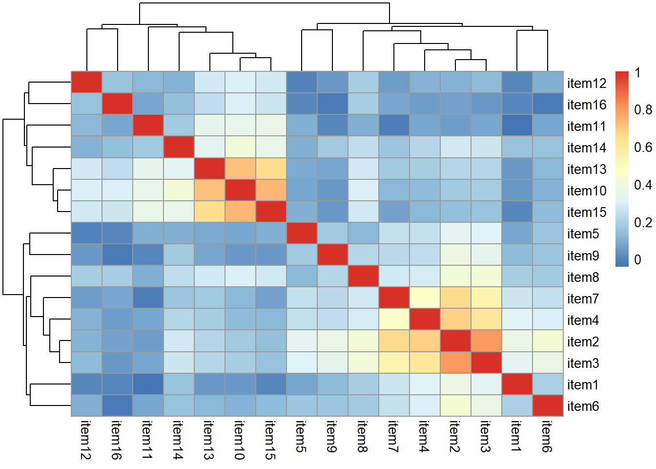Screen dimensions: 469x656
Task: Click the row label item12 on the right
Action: tap(586, 84)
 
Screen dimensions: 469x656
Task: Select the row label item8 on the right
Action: tap(583, 277)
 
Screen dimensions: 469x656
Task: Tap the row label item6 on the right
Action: tap(583, 406)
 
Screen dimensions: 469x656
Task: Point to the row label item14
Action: tap(586, 148)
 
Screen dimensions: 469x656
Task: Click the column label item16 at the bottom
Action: tap(117, 440)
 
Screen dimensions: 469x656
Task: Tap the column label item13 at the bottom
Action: tap(209, 440)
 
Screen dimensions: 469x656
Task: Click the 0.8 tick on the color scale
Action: tap(642, 110)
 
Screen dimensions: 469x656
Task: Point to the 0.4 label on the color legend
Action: tap(642, 185)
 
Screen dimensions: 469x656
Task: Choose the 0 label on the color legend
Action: tap(637, 260)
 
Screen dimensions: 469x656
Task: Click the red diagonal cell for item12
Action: tap(86, 82)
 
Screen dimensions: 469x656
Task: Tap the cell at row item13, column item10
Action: tap(240, 169)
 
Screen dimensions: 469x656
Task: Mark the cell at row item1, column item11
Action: tap(148, 384)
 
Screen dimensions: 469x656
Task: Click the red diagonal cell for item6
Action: tap(548, 405)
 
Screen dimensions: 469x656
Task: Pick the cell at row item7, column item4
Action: tap(425, 298)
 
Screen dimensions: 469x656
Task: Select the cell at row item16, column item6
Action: tap(548, 104)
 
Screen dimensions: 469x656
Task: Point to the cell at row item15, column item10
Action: tap(240, 212)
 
